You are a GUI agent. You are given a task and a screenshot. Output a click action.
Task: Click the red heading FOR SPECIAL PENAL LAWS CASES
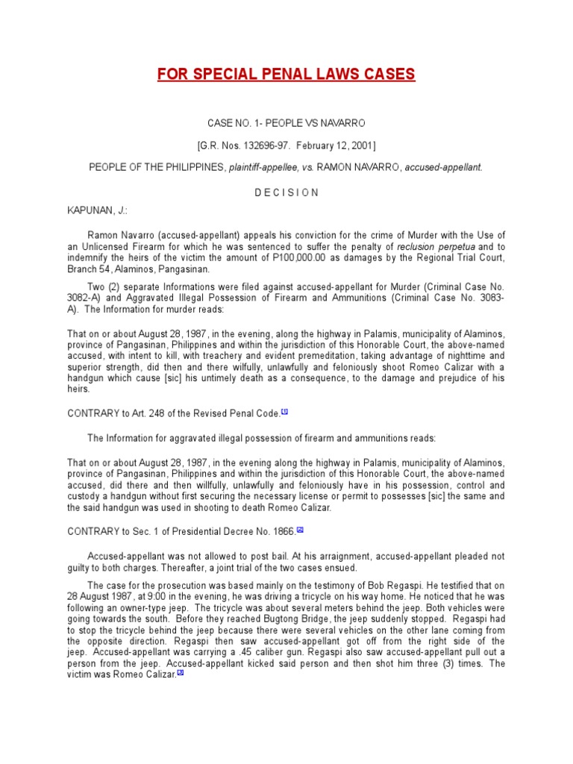[x=286, y=75]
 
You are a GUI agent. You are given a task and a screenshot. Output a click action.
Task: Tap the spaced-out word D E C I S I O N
[x=286, y=192]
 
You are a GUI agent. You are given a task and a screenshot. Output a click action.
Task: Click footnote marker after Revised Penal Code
[x=284, y=411]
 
